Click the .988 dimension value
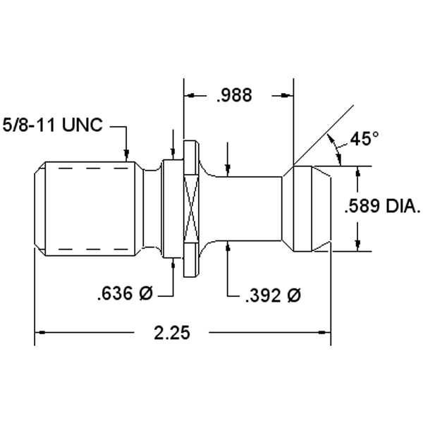[x=234, y=95]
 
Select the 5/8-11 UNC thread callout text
[x=53, y=125]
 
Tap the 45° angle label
[x=364, y=139]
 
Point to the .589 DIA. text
[x=383, y=206]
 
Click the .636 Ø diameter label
[x=125, y=293]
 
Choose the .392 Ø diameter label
[x=273, y=295]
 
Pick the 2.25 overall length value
[x=172, y=333]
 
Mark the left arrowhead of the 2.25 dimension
[x=40, y=332]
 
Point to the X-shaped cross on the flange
[x=191, y=209]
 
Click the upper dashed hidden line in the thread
[x=93, y=168]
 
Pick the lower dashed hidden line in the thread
[x=93, y=249]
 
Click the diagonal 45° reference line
[x=324, y=135]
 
